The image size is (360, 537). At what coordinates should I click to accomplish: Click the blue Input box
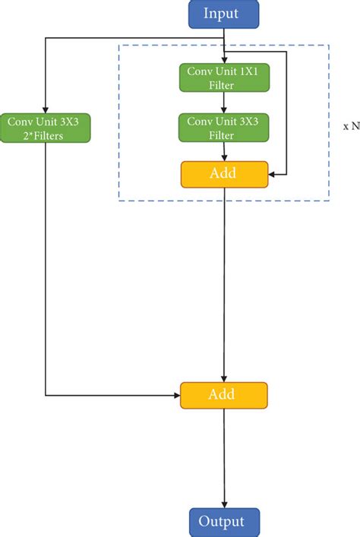224,13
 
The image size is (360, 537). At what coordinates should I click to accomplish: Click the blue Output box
224,522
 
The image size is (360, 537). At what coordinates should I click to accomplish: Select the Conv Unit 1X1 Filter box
224,78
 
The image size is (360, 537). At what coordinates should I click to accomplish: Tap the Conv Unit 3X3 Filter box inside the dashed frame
224,128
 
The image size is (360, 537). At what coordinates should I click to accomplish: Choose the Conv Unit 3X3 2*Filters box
46,128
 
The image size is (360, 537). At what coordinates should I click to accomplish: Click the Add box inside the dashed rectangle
224,174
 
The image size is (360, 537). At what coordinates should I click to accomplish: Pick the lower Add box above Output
224,395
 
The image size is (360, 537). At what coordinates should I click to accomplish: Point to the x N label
351,127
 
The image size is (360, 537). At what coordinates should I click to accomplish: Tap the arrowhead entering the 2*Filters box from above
46,109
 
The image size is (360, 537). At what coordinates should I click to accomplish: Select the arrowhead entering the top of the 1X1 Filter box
224,59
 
